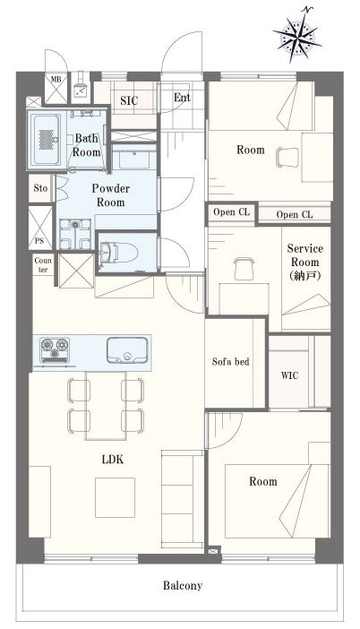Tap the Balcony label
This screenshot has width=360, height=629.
coord(183,585)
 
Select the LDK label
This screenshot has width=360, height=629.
coord(113,460)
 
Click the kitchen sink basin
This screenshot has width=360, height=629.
coord(127,350)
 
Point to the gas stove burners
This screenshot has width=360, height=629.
coord(54,349)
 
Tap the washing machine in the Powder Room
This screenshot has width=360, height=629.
coord(75,234)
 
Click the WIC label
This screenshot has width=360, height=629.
coord(289,375)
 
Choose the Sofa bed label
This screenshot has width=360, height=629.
coord(230,362)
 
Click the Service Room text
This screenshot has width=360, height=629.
coord(305,262)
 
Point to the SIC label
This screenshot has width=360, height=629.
coord(129,100)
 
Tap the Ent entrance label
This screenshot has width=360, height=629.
coord(182,98)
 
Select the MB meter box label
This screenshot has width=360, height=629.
coord(56,80)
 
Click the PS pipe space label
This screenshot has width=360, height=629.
coord(39,241)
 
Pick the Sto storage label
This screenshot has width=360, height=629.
coord(40,188)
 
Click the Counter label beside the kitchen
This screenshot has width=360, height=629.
coord(43,264)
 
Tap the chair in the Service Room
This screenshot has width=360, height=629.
coord(244,269)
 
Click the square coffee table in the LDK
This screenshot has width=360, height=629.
coord(115,497)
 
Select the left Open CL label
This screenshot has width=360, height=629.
coord(231,211)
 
